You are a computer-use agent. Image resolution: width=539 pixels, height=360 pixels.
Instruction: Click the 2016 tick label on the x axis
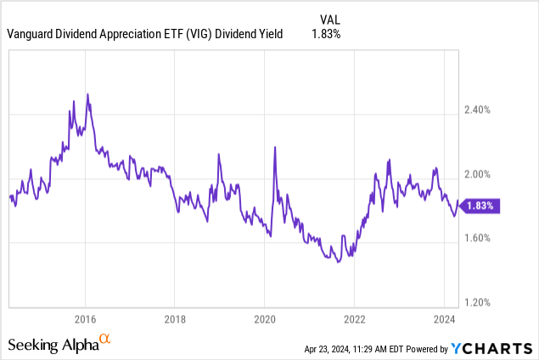[85, 320]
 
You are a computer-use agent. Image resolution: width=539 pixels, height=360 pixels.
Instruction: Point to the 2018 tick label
[174, 320]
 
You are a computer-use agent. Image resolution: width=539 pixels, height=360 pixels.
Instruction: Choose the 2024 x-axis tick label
[443, 320]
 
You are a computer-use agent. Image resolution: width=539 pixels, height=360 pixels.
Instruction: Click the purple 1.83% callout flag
[483, 205]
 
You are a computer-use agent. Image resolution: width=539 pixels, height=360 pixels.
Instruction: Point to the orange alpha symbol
[105, 340]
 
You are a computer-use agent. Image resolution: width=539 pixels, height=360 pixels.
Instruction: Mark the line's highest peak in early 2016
[87, 93]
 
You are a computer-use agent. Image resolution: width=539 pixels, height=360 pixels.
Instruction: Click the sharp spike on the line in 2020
[275, 148]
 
